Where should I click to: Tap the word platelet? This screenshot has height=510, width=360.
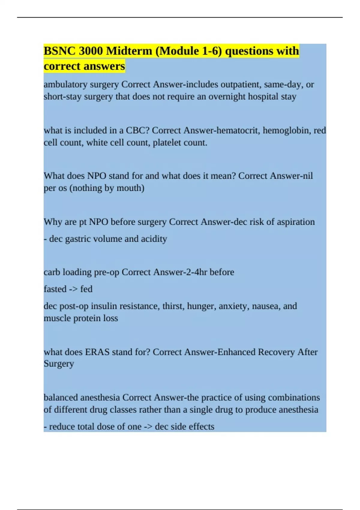(x=166, y=142)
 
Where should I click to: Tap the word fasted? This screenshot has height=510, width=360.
(x=55, y=289)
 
